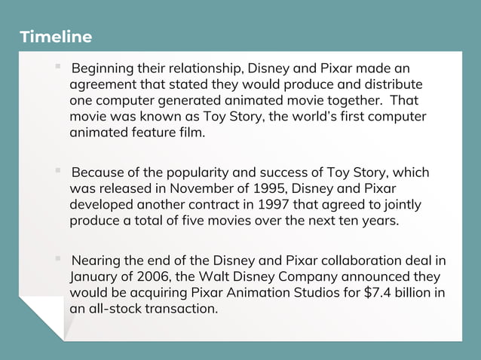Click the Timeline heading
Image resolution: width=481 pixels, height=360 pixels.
click(x=56, y=37)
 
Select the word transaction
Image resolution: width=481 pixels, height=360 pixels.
click(x=176, y=309)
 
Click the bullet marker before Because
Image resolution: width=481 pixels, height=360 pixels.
click(x=57, y=171)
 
